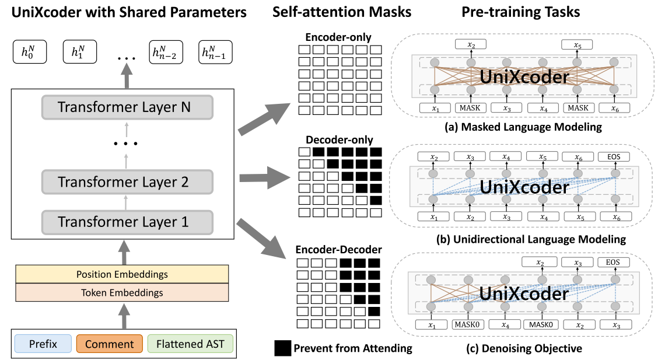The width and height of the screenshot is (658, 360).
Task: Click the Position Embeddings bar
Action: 123,274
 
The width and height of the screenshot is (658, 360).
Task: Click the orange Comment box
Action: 110,344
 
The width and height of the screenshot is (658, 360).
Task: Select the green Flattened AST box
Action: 190,344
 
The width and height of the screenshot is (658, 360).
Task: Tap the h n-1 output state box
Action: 215,53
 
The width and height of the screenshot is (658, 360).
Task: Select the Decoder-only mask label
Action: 339,140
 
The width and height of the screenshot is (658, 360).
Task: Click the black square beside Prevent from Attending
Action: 282,348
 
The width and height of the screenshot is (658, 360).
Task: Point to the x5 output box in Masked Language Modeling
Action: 577,44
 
